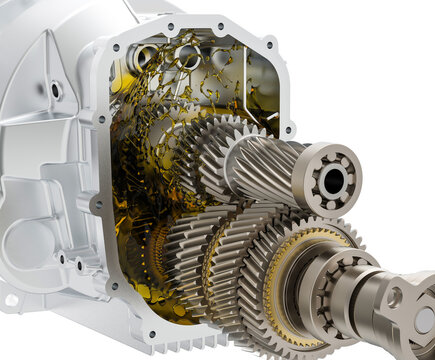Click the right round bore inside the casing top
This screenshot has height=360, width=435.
(x=222, y=58)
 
